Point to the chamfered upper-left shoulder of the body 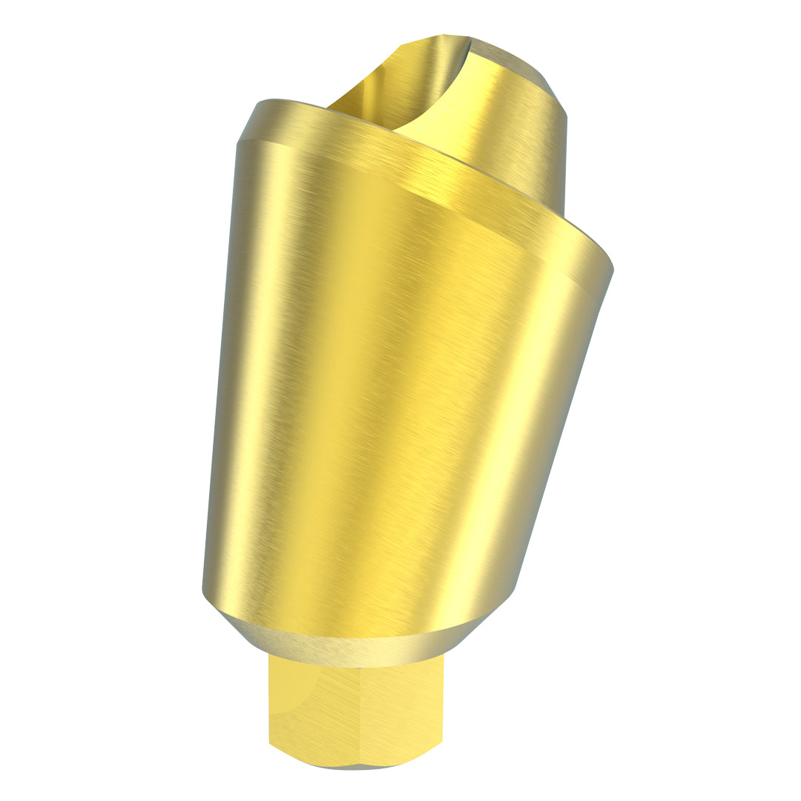tap(248, 122)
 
